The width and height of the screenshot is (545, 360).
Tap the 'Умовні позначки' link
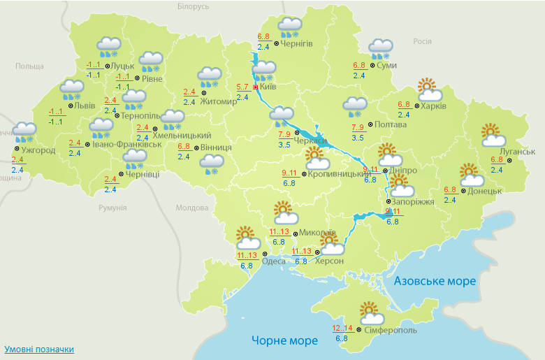(x=39, y=349)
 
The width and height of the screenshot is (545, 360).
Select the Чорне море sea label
(x=284, y=340)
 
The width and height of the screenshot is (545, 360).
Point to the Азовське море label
(x=435, y=281)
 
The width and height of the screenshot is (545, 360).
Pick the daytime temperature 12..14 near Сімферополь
(x=342, y=329)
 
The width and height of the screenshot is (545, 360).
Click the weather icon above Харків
(x=429, y=90)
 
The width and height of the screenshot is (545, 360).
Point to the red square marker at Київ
(x=255, y=87)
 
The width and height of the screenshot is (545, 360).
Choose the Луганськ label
(x=517, y=152)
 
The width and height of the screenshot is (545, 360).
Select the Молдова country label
(x=191, y=208)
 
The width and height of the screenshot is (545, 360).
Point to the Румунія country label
(x=112, y=208)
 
